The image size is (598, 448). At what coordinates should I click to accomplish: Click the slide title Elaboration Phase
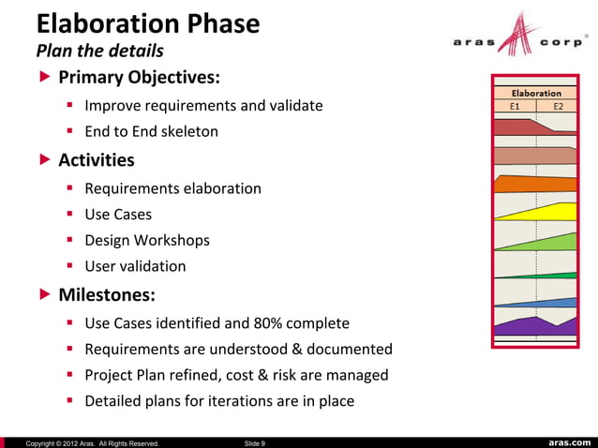[x=148, y=22]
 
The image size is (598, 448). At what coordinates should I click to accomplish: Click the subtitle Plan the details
[x=99, y=50]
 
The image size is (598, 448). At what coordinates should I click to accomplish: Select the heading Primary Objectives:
[x=140, y=76]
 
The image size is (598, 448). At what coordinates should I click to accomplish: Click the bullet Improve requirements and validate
[x=203, y=106]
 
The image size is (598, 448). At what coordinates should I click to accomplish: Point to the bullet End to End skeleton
[x=151, y=131]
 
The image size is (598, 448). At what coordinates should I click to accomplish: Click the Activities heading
[x=97, y=160]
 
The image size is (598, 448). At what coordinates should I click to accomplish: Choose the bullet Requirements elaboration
[x=172, y=188]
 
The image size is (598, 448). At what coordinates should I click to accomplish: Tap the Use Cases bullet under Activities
[x=118, y=215]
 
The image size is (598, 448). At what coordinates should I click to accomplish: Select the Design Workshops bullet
[x=147, y=240]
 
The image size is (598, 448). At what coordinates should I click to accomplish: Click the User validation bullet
[x=135, y=266]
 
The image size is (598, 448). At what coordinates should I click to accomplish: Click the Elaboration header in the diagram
[x=535, y=93]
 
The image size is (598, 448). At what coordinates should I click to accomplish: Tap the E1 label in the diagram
[x=515, y=107]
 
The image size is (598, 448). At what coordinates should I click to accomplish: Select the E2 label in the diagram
[x=559, y=107]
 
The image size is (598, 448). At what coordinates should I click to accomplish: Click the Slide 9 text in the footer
[x=254, y=442]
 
